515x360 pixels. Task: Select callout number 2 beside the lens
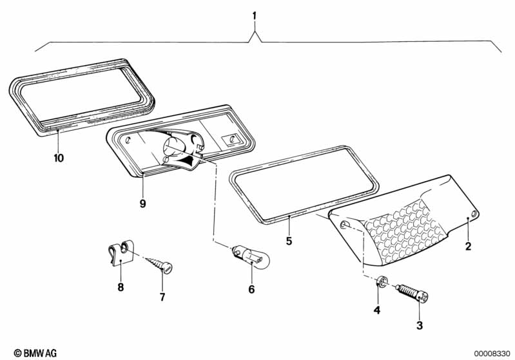[x=468, y=245]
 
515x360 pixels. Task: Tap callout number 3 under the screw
[x=420, y=325]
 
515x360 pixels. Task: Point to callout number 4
[x=378, y=310]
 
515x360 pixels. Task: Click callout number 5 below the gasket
[x=289, y=242]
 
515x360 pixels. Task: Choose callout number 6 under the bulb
[x=251, y=289]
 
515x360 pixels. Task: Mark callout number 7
[x=162, y=297]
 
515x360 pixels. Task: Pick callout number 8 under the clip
[x=121, y=287]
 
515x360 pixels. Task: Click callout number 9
[x=142, y=204]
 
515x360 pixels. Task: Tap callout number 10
[x=59, y=157]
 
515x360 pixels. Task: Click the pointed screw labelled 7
[x=160, y=263]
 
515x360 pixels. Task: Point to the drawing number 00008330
[x=492, y=353]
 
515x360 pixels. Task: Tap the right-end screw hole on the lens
[x=474, y=214]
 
